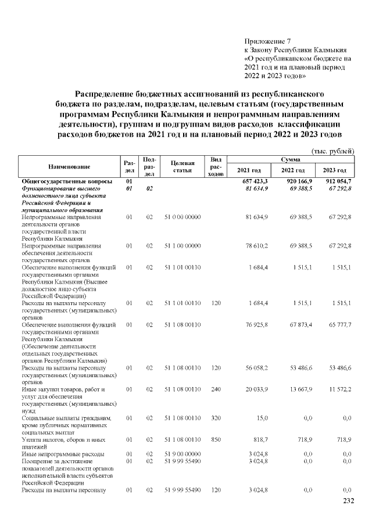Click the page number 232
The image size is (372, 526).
(348, 502)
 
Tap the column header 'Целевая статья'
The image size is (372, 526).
(182, 166)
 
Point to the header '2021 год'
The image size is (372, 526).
(249, 170)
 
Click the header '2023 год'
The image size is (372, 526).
(335, 170)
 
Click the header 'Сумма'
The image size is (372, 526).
(291, 159)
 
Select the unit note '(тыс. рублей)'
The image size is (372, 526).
(333, 151)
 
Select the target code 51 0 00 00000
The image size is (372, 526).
(182, 217)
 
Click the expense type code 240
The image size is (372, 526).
(216, 389)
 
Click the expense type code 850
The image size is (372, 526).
(216, 439)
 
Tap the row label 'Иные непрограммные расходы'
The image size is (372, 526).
(63, 453)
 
